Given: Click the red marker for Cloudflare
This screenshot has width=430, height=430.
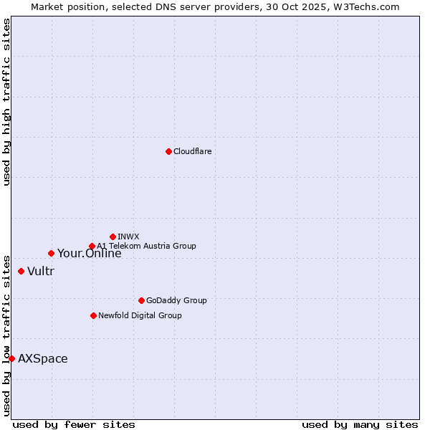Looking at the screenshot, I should pyautogui.click(x=168, y=151).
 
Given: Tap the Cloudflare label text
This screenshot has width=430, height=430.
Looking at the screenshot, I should pyautogui.click(x=192, y=151).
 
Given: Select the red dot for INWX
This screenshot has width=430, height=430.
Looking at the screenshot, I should pyautogui.click(x=113, y=236).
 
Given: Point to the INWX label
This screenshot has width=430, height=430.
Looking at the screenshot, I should pyautogui.click(x=128, y=236).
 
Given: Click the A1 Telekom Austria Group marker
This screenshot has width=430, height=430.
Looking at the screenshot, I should pyautogui.click(x=92, y=246).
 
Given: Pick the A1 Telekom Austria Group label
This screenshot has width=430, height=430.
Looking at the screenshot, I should pyautogui.click(x=146, y=246).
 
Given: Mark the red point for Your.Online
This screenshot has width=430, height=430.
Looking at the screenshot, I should pyautogui.click(x=51, y=253).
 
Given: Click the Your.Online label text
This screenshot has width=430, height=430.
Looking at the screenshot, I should pyautogui.click(x=89, y=253).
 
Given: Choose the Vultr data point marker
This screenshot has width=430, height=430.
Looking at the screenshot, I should pyautogui.click(x=21, y=271).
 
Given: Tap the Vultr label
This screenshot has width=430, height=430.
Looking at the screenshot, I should pyautogui.click(x=41, y=271).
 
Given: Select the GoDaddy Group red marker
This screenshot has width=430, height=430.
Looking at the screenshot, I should pyautogui.click(x=141, y=300).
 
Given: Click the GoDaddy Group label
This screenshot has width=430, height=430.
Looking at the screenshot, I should pyautogui.click(x=176, y=300).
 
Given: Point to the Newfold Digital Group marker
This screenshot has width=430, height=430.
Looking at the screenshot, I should pyautogui.click(x=93, y=315).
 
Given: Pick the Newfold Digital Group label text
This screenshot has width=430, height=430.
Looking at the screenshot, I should pyautogui.click(x=140, y=315).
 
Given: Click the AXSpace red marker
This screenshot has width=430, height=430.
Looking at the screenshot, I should pyautogui.click(x=11, y=358).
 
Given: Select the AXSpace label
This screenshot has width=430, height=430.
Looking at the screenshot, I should pyautogui.click(x=43, y=358).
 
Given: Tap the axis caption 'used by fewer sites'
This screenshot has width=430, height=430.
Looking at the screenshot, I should pyautogui.click(x=74, y=424).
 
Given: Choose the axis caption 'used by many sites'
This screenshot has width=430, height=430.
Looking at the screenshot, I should pyautogui.click(x=360, y=424).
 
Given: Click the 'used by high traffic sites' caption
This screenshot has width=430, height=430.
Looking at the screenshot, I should pyautogui.click(x=6, y=102).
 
